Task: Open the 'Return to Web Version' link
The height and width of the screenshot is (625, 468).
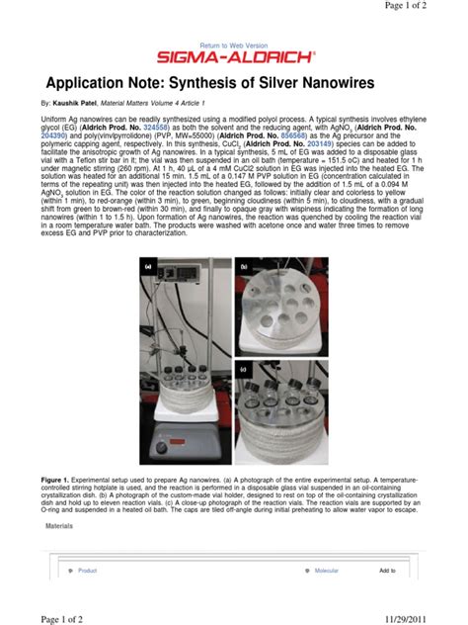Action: pyautogui.click(x=233, y=45)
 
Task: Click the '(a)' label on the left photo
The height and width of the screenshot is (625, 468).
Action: pyautogui.click(x=147, y=267)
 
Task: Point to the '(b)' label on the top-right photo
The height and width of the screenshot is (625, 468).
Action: pyautogui.click(x=242, y=267)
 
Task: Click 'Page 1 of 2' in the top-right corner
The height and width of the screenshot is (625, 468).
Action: pyautogui.click(x=429, y=8)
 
